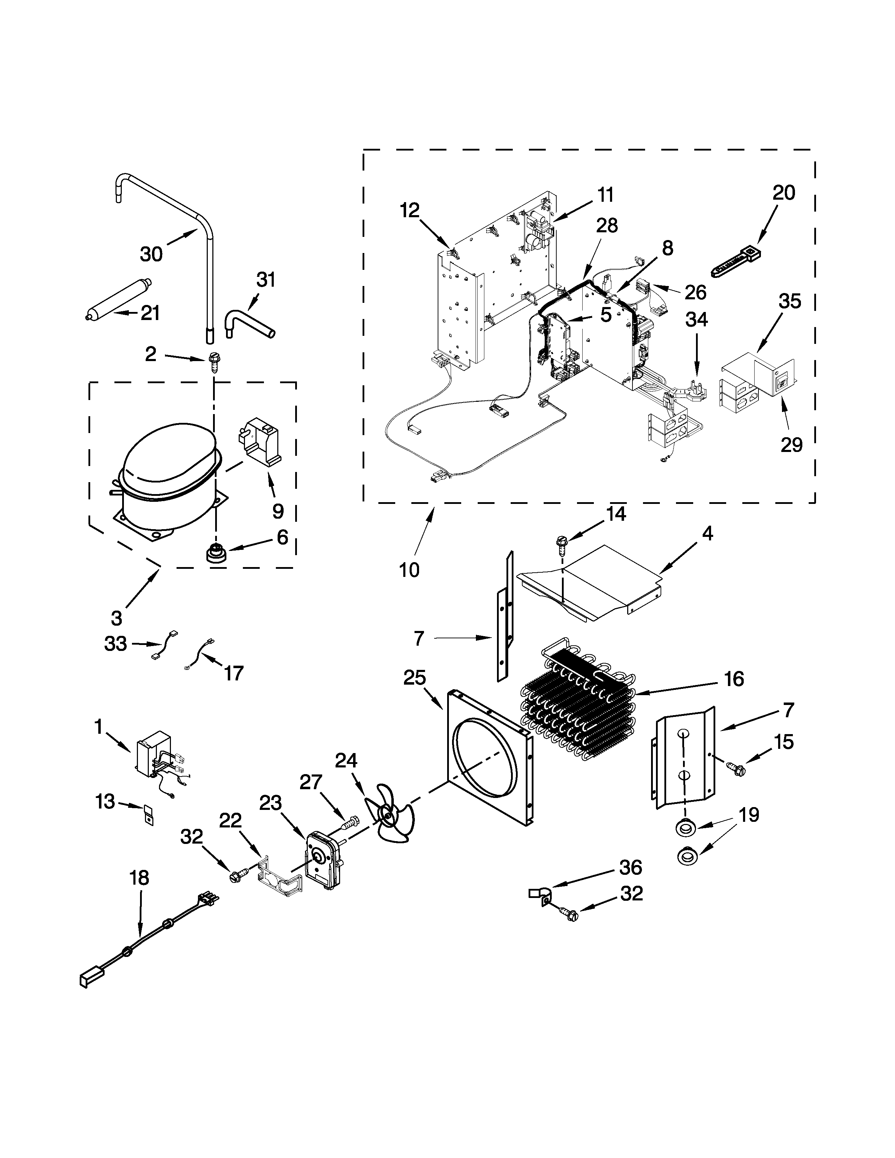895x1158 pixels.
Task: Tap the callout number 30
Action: [x=151, y=254]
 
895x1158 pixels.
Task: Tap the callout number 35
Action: [x=789, y=301]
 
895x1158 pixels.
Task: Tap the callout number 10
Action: [x=409, y=570]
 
